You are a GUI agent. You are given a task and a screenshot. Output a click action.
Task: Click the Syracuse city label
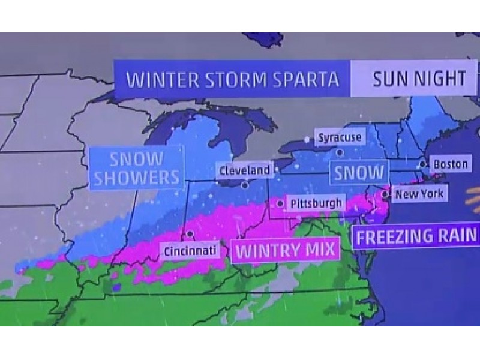(340, 137)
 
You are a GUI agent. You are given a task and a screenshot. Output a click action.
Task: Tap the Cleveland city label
(244, 170)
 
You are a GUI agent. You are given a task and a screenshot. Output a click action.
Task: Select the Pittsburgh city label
(316, 203)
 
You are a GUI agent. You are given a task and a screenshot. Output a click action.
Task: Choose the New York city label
(419, 194)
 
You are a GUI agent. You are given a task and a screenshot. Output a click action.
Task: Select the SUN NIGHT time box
(419, 79)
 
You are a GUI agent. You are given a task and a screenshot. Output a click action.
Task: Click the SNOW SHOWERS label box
(136, 169)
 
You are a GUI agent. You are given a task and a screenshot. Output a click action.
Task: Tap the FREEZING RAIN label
(416, 236)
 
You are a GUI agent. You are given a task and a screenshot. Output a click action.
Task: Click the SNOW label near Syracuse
(359, 173)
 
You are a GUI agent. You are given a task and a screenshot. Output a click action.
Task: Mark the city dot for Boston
(424, 163)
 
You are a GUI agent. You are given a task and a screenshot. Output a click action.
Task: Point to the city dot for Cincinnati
(190, 234)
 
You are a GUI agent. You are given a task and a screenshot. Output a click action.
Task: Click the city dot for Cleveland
(245, 185)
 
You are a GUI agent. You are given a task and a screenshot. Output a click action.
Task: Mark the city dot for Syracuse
(340, 152)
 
